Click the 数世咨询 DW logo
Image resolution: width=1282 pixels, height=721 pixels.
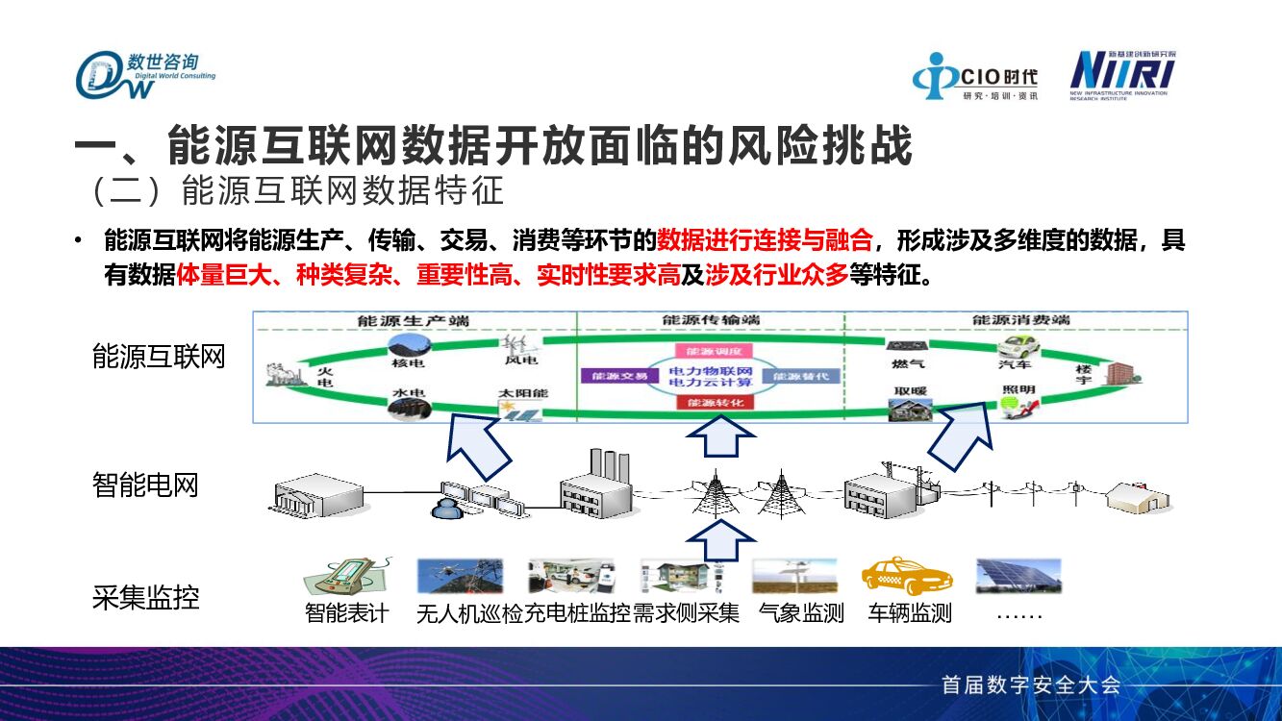144,74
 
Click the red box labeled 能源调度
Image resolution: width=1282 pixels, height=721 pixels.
710,351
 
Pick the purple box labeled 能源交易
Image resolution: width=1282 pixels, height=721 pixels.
614,376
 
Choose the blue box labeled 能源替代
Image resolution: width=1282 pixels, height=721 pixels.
801,376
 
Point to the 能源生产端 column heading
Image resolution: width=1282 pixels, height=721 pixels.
415,321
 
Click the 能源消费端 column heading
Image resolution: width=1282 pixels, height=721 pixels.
1019,321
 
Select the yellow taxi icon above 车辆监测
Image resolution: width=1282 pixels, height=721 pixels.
906,577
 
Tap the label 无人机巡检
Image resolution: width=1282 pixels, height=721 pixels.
469,613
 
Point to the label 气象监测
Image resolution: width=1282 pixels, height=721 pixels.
800,613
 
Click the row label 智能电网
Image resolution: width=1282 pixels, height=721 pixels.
145,485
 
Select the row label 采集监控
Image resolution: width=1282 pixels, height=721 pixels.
145,598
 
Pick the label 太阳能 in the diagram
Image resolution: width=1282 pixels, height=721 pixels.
522,394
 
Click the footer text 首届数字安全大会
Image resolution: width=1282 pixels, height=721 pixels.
1030,685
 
